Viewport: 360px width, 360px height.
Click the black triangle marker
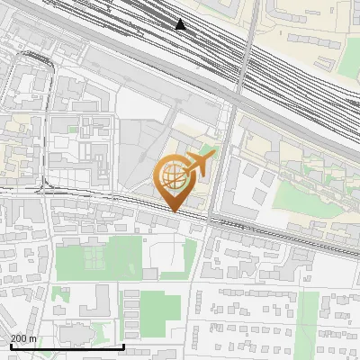[181, 24]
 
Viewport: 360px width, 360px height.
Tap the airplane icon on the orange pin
[197, 163]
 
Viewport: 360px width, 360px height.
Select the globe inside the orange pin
[171, 177]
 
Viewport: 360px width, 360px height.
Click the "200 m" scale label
[23, 338]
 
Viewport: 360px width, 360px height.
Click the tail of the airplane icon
[208, 155]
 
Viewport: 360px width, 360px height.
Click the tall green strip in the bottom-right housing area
[307, 319]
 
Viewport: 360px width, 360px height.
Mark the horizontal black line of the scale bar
[67, 346]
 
